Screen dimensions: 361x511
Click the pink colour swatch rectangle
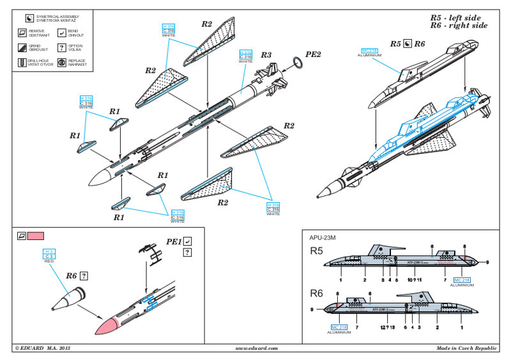(36, 236)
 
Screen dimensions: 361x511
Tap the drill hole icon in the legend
(22, 62)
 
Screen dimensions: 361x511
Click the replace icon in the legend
(61, 62)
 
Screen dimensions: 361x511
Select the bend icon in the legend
(61, 32)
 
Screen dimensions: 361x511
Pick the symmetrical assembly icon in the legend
(22, 16)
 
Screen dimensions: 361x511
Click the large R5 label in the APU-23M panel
(316, 250)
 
